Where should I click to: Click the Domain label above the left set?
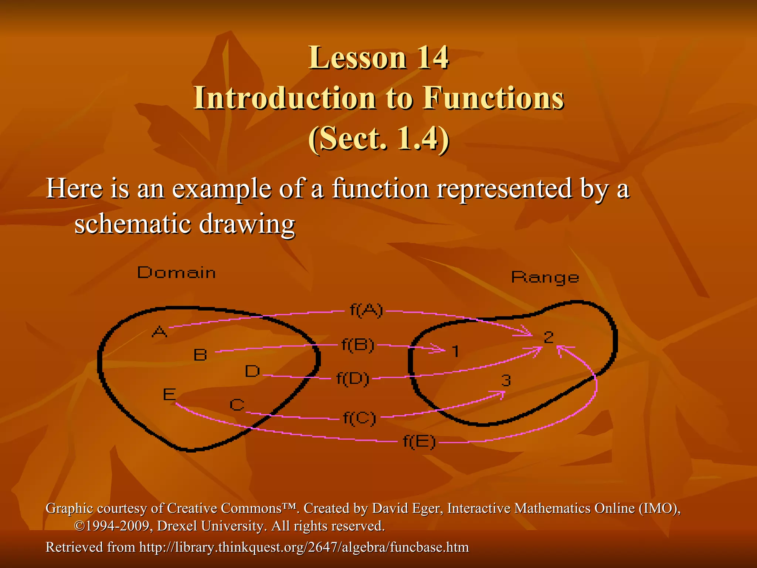click(176, 273)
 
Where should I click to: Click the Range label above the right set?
click(545, 277)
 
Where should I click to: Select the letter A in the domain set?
click(160, 331)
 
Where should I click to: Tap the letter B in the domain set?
click(200, 355)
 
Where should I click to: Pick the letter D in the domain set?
click(252, 371)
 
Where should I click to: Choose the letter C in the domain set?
click(237, 405)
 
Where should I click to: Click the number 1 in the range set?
click(456, 351)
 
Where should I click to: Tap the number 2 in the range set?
click(549, 337)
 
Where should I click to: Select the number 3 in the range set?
click(506, 380)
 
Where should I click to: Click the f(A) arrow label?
click(366, 311)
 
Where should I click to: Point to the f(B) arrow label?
click(358, 345)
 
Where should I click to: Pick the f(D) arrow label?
click(353, 379)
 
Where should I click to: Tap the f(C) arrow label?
click(359, 418)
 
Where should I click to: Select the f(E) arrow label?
click(419, 442)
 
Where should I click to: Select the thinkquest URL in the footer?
click(304, 547)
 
